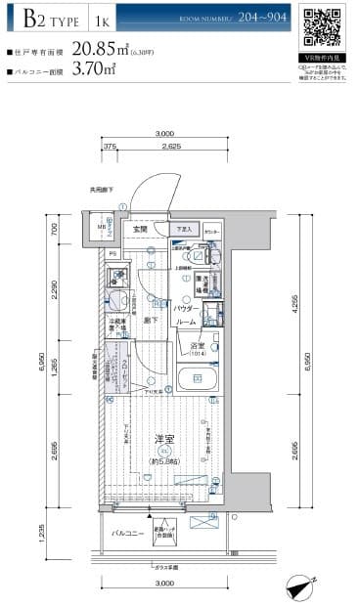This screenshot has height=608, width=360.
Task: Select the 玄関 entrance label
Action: click(141, 230)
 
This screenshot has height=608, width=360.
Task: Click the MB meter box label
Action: click(101, 231)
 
